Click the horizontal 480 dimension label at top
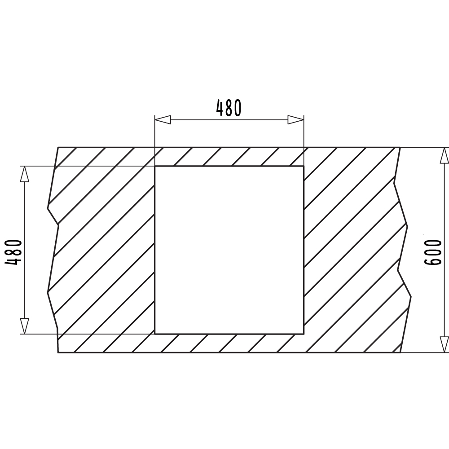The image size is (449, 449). pos(229,108)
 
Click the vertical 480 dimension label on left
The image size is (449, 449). pos(13,252)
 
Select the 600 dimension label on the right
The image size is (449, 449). pos(433,252)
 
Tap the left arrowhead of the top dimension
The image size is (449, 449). pos(163,120)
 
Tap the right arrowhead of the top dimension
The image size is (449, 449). pos(296,120)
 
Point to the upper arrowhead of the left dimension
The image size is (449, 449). pos(25,174)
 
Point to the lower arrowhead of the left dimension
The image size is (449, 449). pos(25,326)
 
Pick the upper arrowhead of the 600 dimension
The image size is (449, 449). pos(444,155)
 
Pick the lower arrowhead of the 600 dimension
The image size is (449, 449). pos(444,344)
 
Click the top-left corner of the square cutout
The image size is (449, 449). pos(155,166)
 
